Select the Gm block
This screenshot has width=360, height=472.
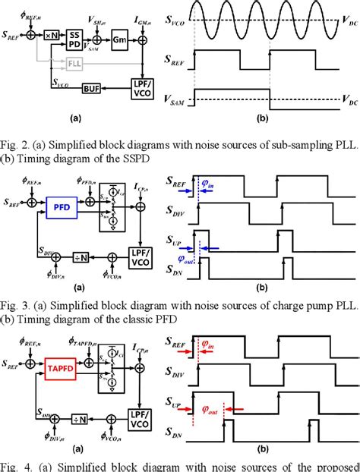[x=118, y=36]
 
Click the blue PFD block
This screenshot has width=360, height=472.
[x=58, y=205]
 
